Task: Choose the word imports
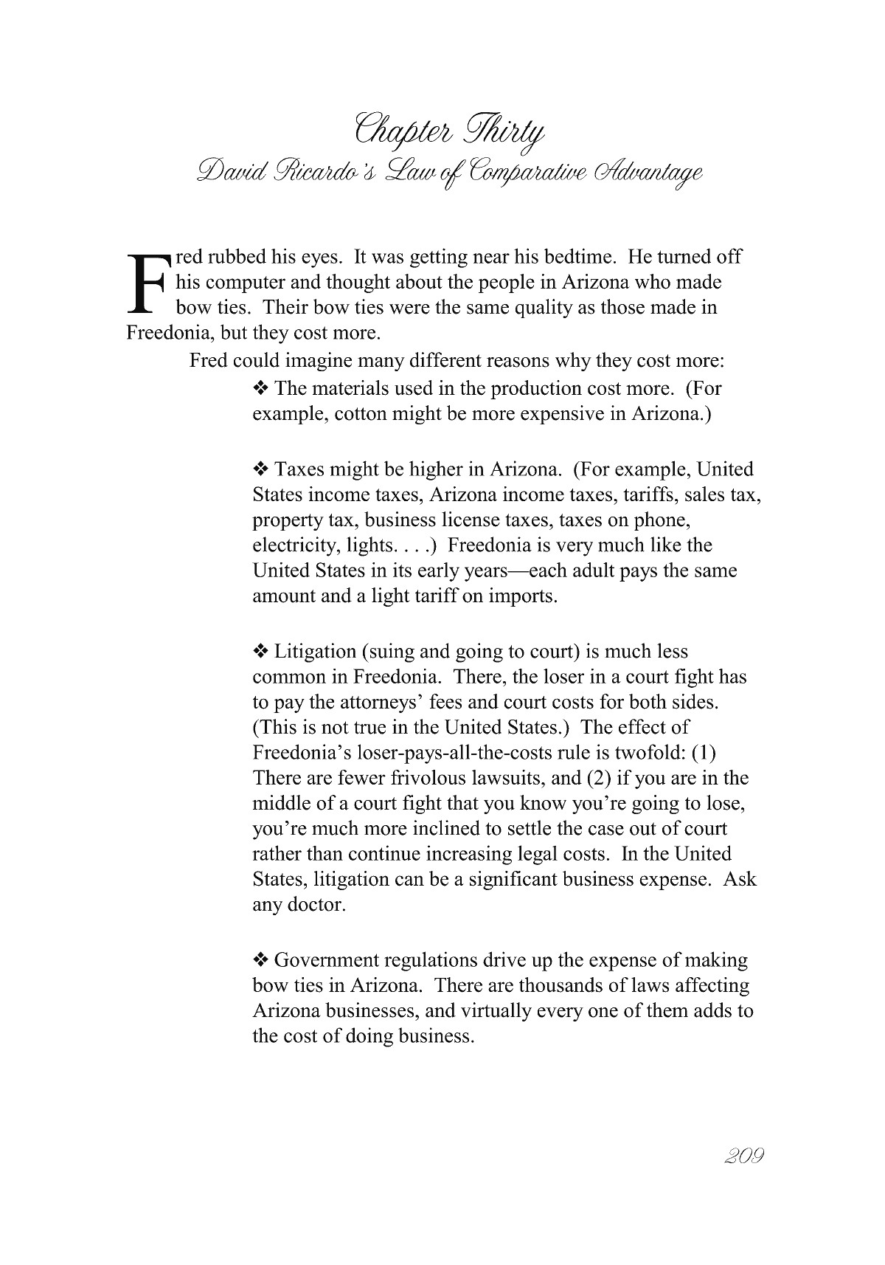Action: pos(522,596)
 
